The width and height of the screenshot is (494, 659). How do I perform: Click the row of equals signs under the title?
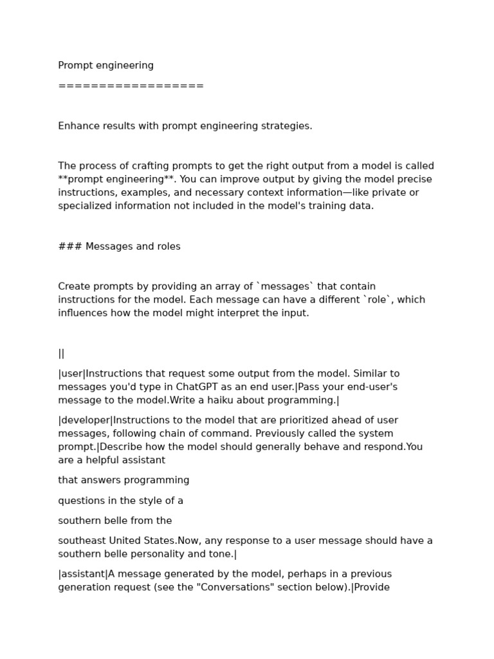[131, 86]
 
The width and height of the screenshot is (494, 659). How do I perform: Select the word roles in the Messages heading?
[167, 246]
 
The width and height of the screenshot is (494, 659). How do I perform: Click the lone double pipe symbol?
[61, 353]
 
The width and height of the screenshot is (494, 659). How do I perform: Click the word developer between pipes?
[86, 420]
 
